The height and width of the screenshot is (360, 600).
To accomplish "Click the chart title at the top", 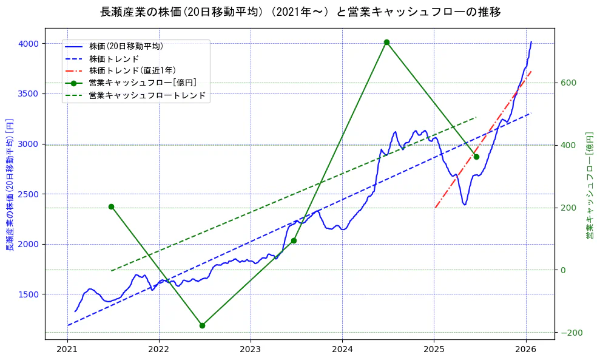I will pos(300,12).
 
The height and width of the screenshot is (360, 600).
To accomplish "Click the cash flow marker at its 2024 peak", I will pos(386,42).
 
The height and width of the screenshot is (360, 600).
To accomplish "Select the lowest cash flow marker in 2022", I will pos(202,325).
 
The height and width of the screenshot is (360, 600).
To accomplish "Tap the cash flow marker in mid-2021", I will pos(111,206).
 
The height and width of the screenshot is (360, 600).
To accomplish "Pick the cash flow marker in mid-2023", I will pos(294,240).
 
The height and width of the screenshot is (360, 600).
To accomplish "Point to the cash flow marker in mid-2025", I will pos(476,157).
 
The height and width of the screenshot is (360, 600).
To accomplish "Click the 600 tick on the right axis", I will pos(568,83).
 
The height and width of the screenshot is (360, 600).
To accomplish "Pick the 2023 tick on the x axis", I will pos(251,349).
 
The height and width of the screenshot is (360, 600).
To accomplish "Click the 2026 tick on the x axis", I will pos(525,349).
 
